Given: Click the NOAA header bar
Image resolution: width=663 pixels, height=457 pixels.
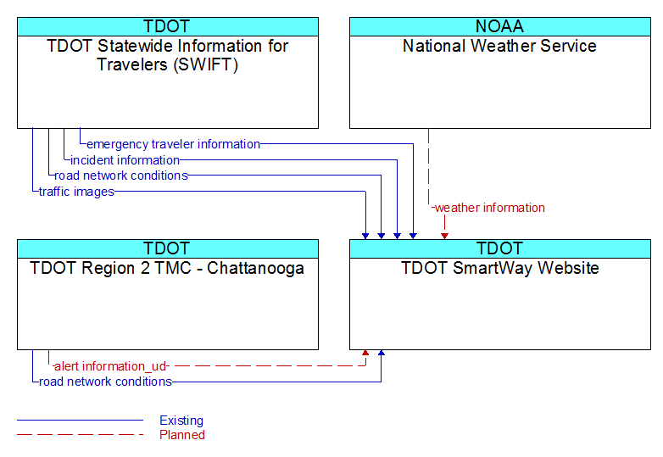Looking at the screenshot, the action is tap(499, 26).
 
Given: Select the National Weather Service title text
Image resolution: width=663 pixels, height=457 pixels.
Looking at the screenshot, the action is tap(499, 46).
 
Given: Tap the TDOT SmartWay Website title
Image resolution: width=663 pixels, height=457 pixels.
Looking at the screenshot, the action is tap(499, 268).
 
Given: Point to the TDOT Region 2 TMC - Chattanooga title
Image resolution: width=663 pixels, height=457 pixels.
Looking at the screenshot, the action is tap(167, 268).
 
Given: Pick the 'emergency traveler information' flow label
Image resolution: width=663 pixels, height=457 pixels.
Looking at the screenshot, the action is tap(173, 144).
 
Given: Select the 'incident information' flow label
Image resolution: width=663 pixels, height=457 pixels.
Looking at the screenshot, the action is tap(125, 160).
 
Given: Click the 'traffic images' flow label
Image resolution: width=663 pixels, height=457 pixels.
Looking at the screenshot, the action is tap(76, 192).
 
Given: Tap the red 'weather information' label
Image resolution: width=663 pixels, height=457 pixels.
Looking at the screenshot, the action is tap(490, 208).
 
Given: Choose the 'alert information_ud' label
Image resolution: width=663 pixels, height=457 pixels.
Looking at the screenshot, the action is tap(110, 366).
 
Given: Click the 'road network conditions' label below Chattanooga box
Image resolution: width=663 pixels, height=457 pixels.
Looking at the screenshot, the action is tap(105, 382).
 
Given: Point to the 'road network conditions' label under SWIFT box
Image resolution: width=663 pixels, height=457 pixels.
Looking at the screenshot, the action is tap(121, 176).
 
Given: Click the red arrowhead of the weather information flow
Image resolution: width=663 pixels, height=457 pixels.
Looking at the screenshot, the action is tap(444, 236).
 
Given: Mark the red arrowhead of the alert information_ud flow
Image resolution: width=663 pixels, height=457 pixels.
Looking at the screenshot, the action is tap(365, 353).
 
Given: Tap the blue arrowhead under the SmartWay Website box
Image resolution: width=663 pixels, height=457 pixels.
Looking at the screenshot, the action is tap(381, 353).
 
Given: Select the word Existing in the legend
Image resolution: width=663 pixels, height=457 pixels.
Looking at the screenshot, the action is tap(181, 421).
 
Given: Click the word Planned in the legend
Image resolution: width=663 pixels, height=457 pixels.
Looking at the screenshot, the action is tap(182, 435).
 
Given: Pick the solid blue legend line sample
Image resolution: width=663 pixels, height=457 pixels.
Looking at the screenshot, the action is tap(80, 421).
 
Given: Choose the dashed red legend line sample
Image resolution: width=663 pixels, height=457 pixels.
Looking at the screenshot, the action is tap(80, 434).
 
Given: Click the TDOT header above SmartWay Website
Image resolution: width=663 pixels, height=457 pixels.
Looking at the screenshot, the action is tap(499, 248).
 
